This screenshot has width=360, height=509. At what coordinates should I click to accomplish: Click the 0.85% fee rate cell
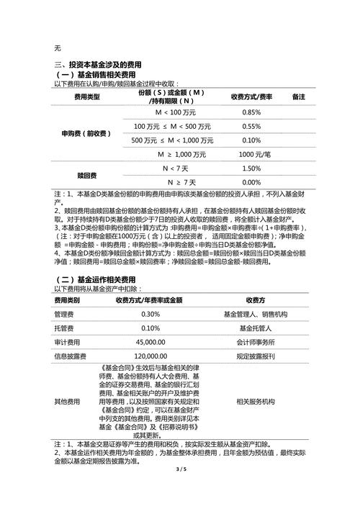pyautogui.click(x=251, y=113)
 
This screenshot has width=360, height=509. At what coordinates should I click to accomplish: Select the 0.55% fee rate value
pyautogui.click(x=251, y=127)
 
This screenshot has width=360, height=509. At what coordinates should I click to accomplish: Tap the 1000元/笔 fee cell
pyautogui.click(x=251, y=155)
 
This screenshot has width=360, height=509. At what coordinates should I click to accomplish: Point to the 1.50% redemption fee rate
pyautogui.click(x=251, y=168)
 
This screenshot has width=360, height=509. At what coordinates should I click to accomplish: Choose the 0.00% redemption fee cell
pyautogui.click(x=251, y=182)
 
